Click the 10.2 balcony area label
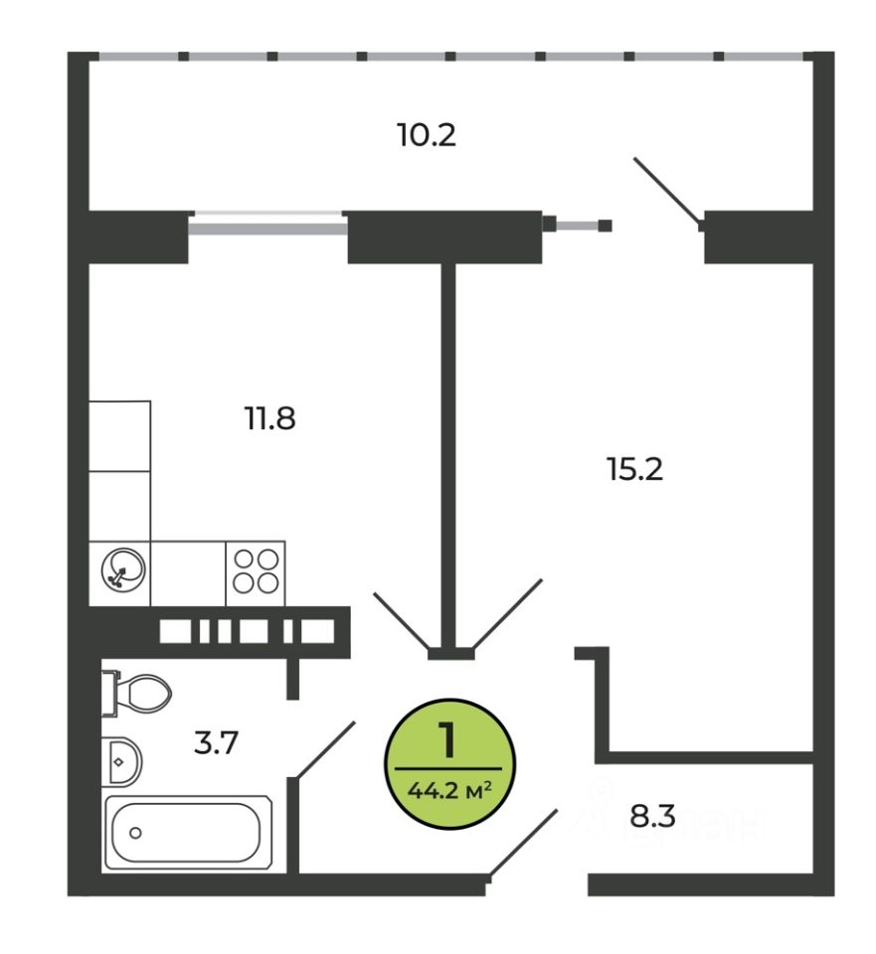427,135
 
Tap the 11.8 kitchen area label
270,418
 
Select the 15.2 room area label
634,467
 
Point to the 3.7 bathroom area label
217,742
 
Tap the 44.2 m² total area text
449,792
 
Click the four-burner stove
256,572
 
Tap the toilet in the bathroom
139,691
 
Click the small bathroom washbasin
122,761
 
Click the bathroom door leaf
325,749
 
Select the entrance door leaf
523,845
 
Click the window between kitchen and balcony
267,225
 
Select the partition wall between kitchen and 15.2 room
448,447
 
